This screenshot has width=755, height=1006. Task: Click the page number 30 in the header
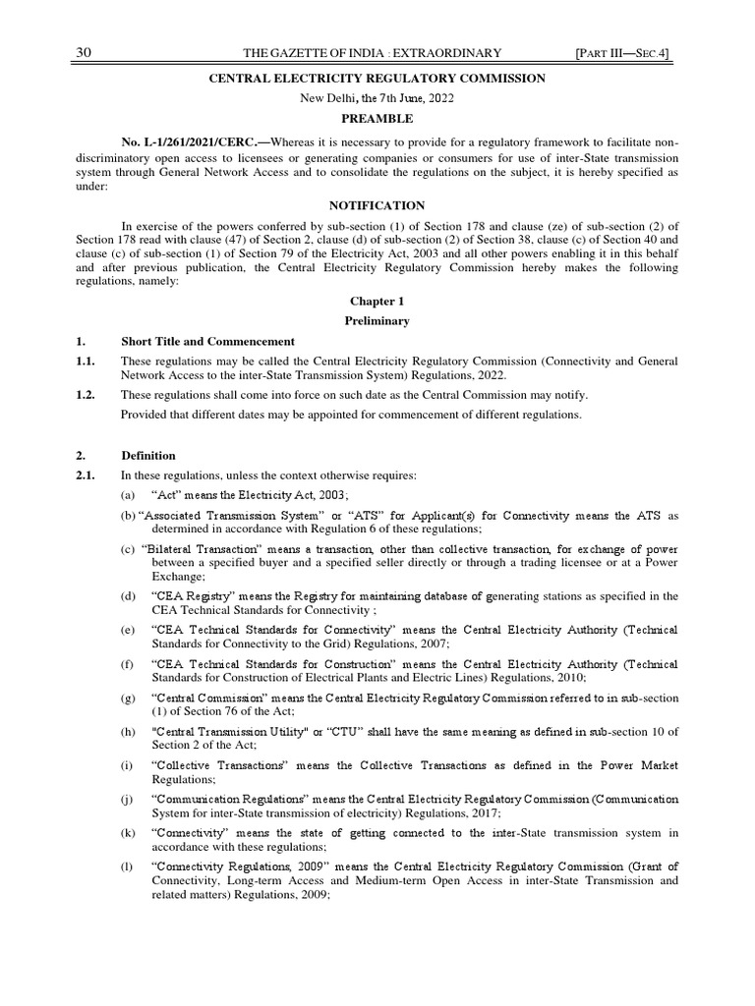coord(84,52)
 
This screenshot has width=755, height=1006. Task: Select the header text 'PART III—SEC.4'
coord(628,52)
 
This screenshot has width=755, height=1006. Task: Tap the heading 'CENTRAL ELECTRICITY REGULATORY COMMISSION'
coord(377,79)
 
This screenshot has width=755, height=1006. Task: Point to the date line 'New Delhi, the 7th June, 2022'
coord(377,98)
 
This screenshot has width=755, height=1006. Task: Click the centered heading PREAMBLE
coord(377,118)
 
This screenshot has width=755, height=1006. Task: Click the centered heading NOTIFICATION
coord(377,205)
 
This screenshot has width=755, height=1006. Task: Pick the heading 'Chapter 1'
coord(377,301)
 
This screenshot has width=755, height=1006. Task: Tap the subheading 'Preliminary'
coord(377,321)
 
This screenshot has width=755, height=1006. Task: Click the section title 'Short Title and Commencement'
coord(207,342)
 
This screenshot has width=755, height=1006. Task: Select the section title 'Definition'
coord(148,456)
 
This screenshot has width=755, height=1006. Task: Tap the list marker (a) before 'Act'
coord(128,495)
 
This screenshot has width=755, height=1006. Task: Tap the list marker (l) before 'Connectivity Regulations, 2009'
coord(127,867)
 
